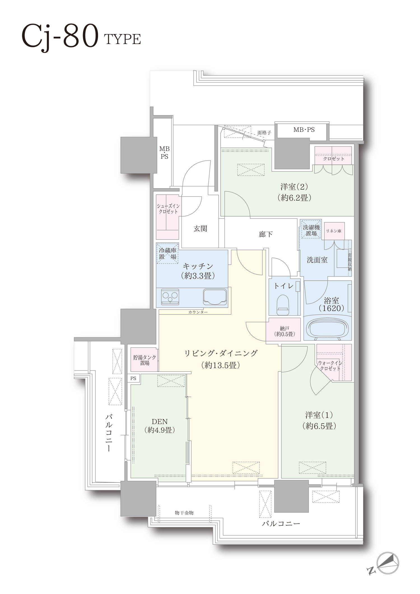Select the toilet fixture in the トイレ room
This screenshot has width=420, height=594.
pos(283,305)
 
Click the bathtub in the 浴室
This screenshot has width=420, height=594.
pos(328,328)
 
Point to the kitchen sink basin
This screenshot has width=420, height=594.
pos(215,297)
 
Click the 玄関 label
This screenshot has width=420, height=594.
pos(200,229)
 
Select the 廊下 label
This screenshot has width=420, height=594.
pos(265,234)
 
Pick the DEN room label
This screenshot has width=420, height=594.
pos(160,425)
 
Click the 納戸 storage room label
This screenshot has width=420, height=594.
pos(284,331)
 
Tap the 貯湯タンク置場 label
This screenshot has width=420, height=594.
pos(144,360)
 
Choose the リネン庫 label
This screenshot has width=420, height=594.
pos(333,231)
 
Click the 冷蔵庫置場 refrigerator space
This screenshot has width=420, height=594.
pos(167,253)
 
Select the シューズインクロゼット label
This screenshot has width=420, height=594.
pos(168,209)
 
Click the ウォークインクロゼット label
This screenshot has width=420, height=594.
pos(330,365)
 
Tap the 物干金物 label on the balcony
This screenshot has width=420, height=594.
pos(184,513)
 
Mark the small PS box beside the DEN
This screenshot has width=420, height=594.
pos(133,378)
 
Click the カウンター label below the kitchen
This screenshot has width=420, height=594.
pos(198,312)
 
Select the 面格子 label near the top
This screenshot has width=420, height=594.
pos(264,133)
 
